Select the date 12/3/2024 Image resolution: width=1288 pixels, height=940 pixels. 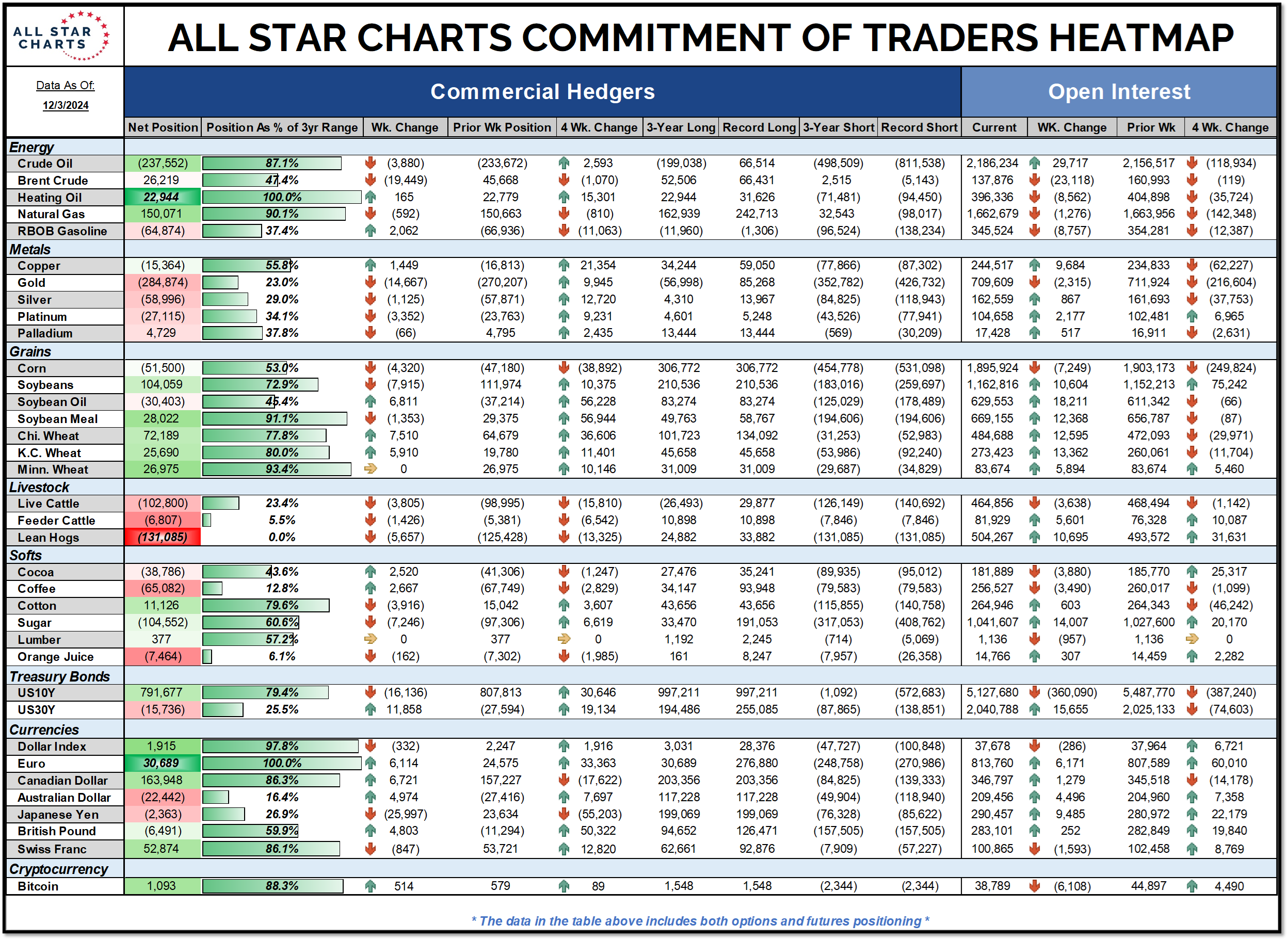click(x=66, y=105)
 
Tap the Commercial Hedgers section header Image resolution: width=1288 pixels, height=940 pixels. click(x=542, y=92)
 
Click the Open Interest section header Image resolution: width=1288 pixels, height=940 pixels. click(x=1118, y=92)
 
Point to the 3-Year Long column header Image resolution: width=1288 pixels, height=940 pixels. click(x=681, y=127)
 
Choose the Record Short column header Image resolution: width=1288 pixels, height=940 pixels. click(x=919, y=127)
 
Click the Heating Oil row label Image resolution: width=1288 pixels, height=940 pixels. click(x=50, y=198)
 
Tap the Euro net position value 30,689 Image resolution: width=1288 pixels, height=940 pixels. click(x=161, y=763)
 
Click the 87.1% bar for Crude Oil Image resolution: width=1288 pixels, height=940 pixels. click(x=272, y=164)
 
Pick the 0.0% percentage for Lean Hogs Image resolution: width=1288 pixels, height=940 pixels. click(x=282, y=537)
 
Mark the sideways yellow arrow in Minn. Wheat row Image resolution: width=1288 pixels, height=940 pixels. click(x=371, y=469)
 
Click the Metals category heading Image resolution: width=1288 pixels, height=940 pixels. click(x=30, y=249)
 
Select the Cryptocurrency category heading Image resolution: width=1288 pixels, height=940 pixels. click(x=59, y=869)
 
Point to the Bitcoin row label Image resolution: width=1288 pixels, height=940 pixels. click(x=38, y=886)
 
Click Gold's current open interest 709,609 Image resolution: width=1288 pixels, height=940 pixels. click(x=992, y=282)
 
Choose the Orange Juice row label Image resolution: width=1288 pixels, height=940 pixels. click(x=55, y=657)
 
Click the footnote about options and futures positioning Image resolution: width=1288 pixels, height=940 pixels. click(x=700, y=921)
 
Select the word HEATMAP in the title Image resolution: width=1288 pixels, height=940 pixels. click(x=1140, y=38)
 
